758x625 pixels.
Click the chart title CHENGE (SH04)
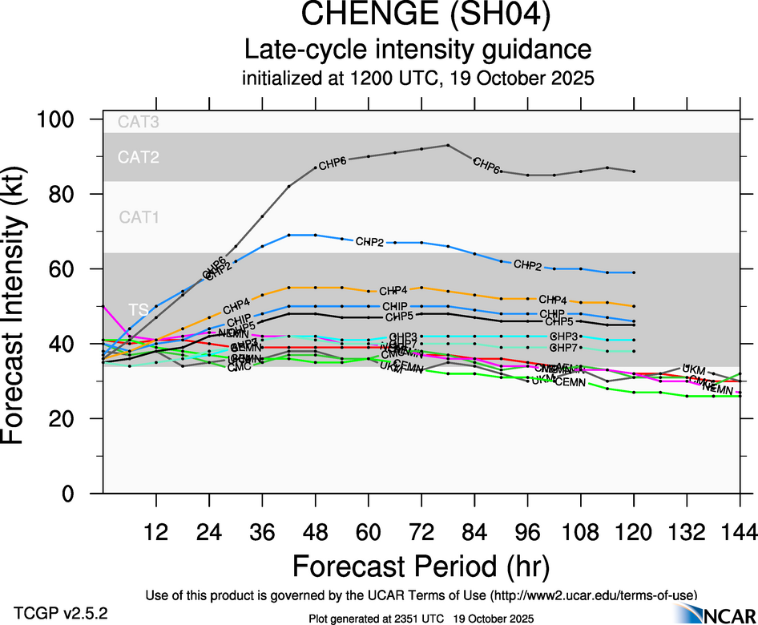point(417,15)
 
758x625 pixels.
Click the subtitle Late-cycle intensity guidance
point(417,50)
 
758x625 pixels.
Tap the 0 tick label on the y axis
point(79,494)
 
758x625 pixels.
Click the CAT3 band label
point(139,123)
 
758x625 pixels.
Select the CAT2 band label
point(139,157)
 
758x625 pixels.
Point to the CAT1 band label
point(139,217)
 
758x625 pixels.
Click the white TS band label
point(139,309)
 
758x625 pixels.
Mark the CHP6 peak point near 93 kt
point(448,145)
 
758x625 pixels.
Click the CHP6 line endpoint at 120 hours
point(635,171)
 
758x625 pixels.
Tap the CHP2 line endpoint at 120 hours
point(635,272)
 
